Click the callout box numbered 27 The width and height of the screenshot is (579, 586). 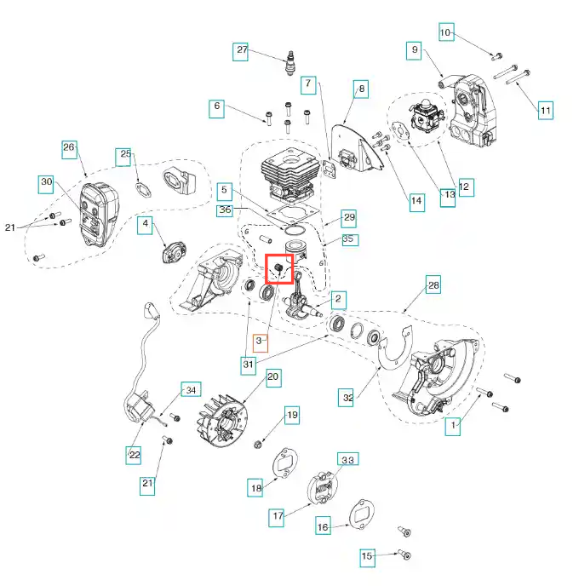(242, 50)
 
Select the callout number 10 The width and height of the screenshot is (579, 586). (445, 33)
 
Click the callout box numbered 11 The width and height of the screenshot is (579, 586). (546, 110)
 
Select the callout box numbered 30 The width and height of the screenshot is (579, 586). (46, 182)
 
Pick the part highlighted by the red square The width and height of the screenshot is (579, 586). (278, 269)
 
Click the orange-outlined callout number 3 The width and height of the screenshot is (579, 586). (261, 342)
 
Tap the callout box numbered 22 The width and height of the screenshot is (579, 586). (135, 455)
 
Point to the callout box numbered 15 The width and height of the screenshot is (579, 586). (367, 557)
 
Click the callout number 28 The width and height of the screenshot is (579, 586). (433, 285)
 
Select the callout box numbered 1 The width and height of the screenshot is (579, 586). (454, 423)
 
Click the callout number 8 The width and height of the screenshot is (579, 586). (361, 88)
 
